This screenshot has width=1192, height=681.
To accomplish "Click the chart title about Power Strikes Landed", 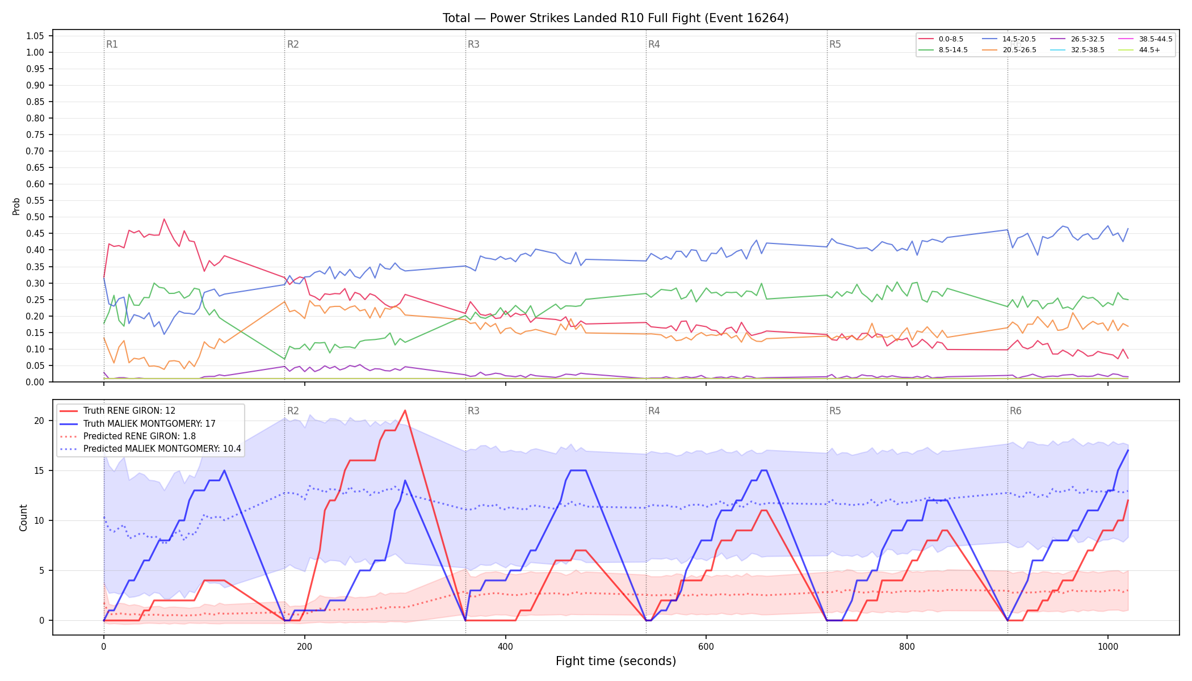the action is coord(615,18).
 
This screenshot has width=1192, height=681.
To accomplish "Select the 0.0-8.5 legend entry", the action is coord(942,39).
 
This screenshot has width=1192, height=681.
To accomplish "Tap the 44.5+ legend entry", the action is coord(1139,50).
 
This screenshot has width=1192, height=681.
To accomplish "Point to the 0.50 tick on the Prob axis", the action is coord(35,217).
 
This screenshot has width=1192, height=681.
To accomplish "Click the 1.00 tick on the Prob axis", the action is coord(35,52).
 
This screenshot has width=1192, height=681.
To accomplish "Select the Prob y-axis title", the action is coord(16,206).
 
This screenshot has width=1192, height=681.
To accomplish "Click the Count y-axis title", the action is coord(23,518).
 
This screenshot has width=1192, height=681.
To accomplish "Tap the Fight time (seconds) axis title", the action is coord(616,661).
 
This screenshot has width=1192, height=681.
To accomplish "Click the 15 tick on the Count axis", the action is coord(39,470).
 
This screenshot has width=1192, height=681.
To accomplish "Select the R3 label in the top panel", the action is coord(473,44).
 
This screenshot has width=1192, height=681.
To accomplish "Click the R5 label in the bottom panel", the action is coord(835,411).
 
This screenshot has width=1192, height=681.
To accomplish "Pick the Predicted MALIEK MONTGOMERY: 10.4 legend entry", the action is coord(150,449).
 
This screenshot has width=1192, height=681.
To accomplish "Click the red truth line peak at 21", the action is coord(405,410).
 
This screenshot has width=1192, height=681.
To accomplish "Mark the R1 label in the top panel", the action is coord(112,44).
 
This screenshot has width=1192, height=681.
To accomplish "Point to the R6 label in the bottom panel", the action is coord(1015,411).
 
